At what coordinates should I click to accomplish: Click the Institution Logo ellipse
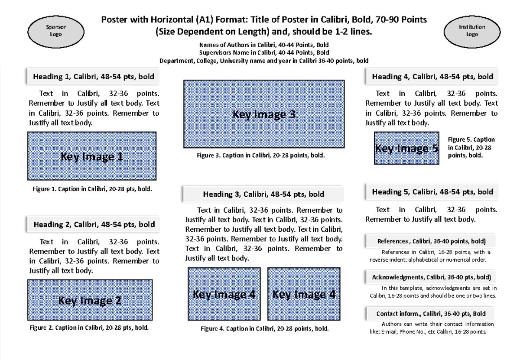[x=472, y=31]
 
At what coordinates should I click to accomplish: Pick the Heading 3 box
[x=263, y=194]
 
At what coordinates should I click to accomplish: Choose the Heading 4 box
[x=432, y=77]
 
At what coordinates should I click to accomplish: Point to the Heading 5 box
[x=432, y=191]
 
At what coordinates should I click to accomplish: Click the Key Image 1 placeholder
[x=92, y=156]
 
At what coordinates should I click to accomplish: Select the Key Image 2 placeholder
[x=90, y=301]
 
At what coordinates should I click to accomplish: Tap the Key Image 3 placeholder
[x=264, y=114]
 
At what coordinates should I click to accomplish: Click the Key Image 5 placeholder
[x=406, y=149]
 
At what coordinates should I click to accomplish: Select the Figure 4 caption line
[x=264, y=329]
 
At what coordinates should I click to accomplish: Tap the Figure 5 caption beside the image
[x=471, y=147]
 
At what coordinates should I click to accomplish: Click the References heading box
[x=431, y=241]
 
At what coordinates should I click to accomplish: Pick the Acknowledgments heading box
[x=431, y=277]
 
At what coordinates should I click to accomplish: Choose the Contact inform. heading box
[x=431, y=313]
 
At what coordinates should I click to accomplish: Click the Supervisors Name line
[x=264, y=52]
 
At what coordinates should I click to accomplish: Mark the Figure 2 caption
[x=89, y=328]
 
